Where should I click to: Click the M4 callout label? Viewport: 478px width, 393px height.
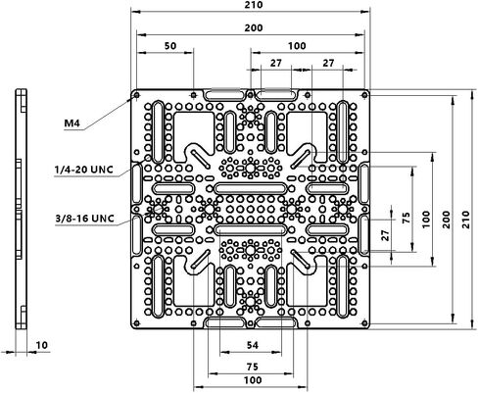[x=72, y=123]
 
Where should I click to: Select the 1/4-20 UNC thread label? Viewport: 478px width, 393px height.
[x=84, y=170]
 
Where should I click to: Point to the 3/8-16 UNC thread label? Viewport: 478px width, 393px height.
[x=85, y=218]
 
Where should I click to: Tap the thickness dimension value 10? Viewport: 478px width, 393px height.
[x=42, y=345]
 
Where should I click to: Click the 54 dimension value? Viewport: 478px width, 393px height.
[x=253, y=345]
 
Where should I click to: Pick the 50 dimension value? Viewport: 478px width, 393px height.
[x=170, y=46]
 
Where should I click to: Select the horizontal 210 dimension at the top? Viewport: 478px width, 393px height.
[x=254, y=5]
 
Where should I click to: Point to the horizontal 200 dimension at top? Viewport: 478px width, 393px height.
[x=254, y=28]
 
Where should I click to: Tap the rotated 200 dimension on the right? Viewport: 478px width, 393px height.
[x=447, y=220]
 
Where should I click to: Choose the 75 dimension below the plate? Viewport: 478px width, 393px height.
[x=253, y=367]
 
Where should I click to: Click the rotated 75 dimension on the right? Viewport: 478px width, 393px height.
[x=406, y=218]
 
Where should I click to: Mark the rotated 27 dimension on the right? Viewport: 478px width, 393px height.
[x=386, y=235]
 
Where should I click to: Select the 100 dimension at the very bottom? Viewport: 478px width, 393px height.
[x=253, y=380]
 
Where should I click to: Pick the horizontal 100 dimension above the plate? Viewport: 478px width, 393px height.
[x=297, y=46]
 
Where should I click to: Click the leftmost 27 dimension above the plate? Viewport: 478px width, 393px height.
[x=276, y=63]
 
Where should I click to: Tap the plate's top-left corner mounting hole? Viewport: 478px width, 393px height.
[x=136, y=95]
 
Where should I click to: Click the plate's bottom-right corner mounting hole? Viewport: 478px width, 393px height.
[x=364, y=323]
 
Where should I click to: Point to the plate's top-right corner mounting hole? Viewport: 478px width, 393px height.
[x=364, y=95]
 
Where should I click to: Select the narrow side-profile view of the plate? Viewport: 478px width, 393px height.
[x=22, y=209]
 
